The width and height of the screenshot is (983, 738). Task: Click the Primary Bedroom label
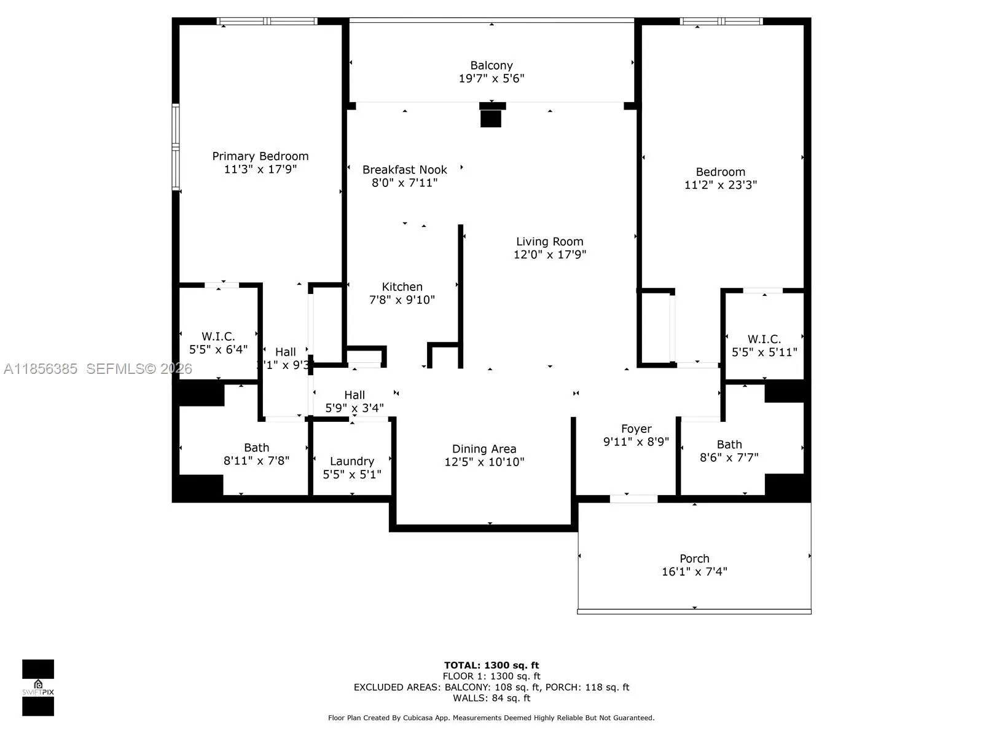pos(260,156)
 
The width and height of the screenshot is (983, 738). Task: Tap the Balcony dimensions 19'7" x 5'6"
pos(491,78)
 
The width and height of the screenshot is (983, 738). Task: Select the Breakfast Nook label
pos(405,170)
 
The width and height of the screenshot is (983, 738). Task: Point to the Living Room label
pos(549,242)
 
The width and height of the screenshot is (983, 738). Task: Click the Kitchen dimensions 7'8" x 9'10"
pos(402,300)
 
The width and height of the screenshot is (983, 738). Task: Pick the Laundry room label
pos(352,461)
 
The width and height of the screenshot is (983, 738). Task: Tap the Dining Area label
pos(484,449)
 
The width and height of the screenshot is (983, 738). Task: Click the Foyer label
pos(636,429)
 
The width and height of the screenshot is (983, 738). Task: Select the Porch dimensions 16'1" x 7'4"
pos(694,571)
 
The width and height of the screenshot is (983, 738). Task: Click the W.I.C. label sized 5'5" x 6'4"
pos(218,336)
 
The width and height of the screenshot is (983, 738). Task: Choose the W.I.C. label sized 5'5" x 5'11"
pos(764,339)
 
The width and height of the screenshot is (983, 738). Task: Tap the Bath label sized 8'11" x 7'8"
pos(256,448)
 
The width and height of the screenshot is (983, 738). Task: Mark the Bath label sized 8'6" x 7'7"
pos(729,444)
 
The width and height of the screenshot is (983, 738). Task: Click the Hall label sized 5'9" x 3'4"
pos(354,395)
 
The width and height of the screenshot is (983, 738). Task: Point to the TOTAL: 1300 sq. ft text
pos(491,665)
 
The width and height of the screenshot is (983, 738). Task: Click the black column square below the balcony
pos(491,117)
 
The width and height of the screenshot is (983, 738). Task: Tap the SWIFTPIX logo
pos(38,688)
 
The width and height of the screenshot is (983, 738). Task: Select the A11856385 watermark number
pos(41,368)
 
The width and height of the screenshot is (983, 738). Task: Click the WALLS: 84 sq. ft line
pos(491,698)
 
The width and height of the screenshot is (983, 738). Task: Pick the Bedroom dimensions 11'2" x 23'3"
pos(721,184)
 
